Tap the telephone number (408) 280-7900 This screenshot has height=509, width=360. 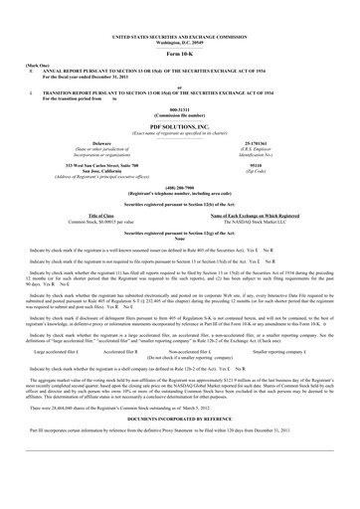[180, 186]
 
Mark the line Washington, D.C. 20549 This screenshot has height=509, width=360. [180, 13]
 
